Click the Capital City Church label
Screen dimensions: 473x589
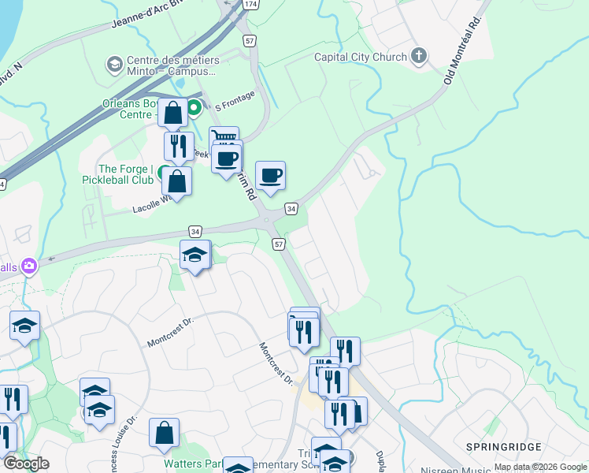click(x=361, y=57)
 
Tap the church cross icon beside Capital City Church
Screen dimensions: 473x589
click(x=419, y=56)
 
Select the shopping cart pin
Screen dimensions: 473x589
click(x=224, y=138)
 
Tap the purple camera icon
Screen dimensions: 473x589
click(x=31, y=266)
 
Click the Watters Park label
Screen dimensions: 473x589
click(x=188, y=464)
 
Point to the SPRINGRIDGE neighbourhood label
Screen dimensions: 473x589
click(x=513, y=447)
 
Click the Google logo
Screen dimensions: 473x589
click(x=25, y=464)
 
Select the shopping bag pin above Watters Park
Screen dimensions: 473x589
click(x=164, y=433)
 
